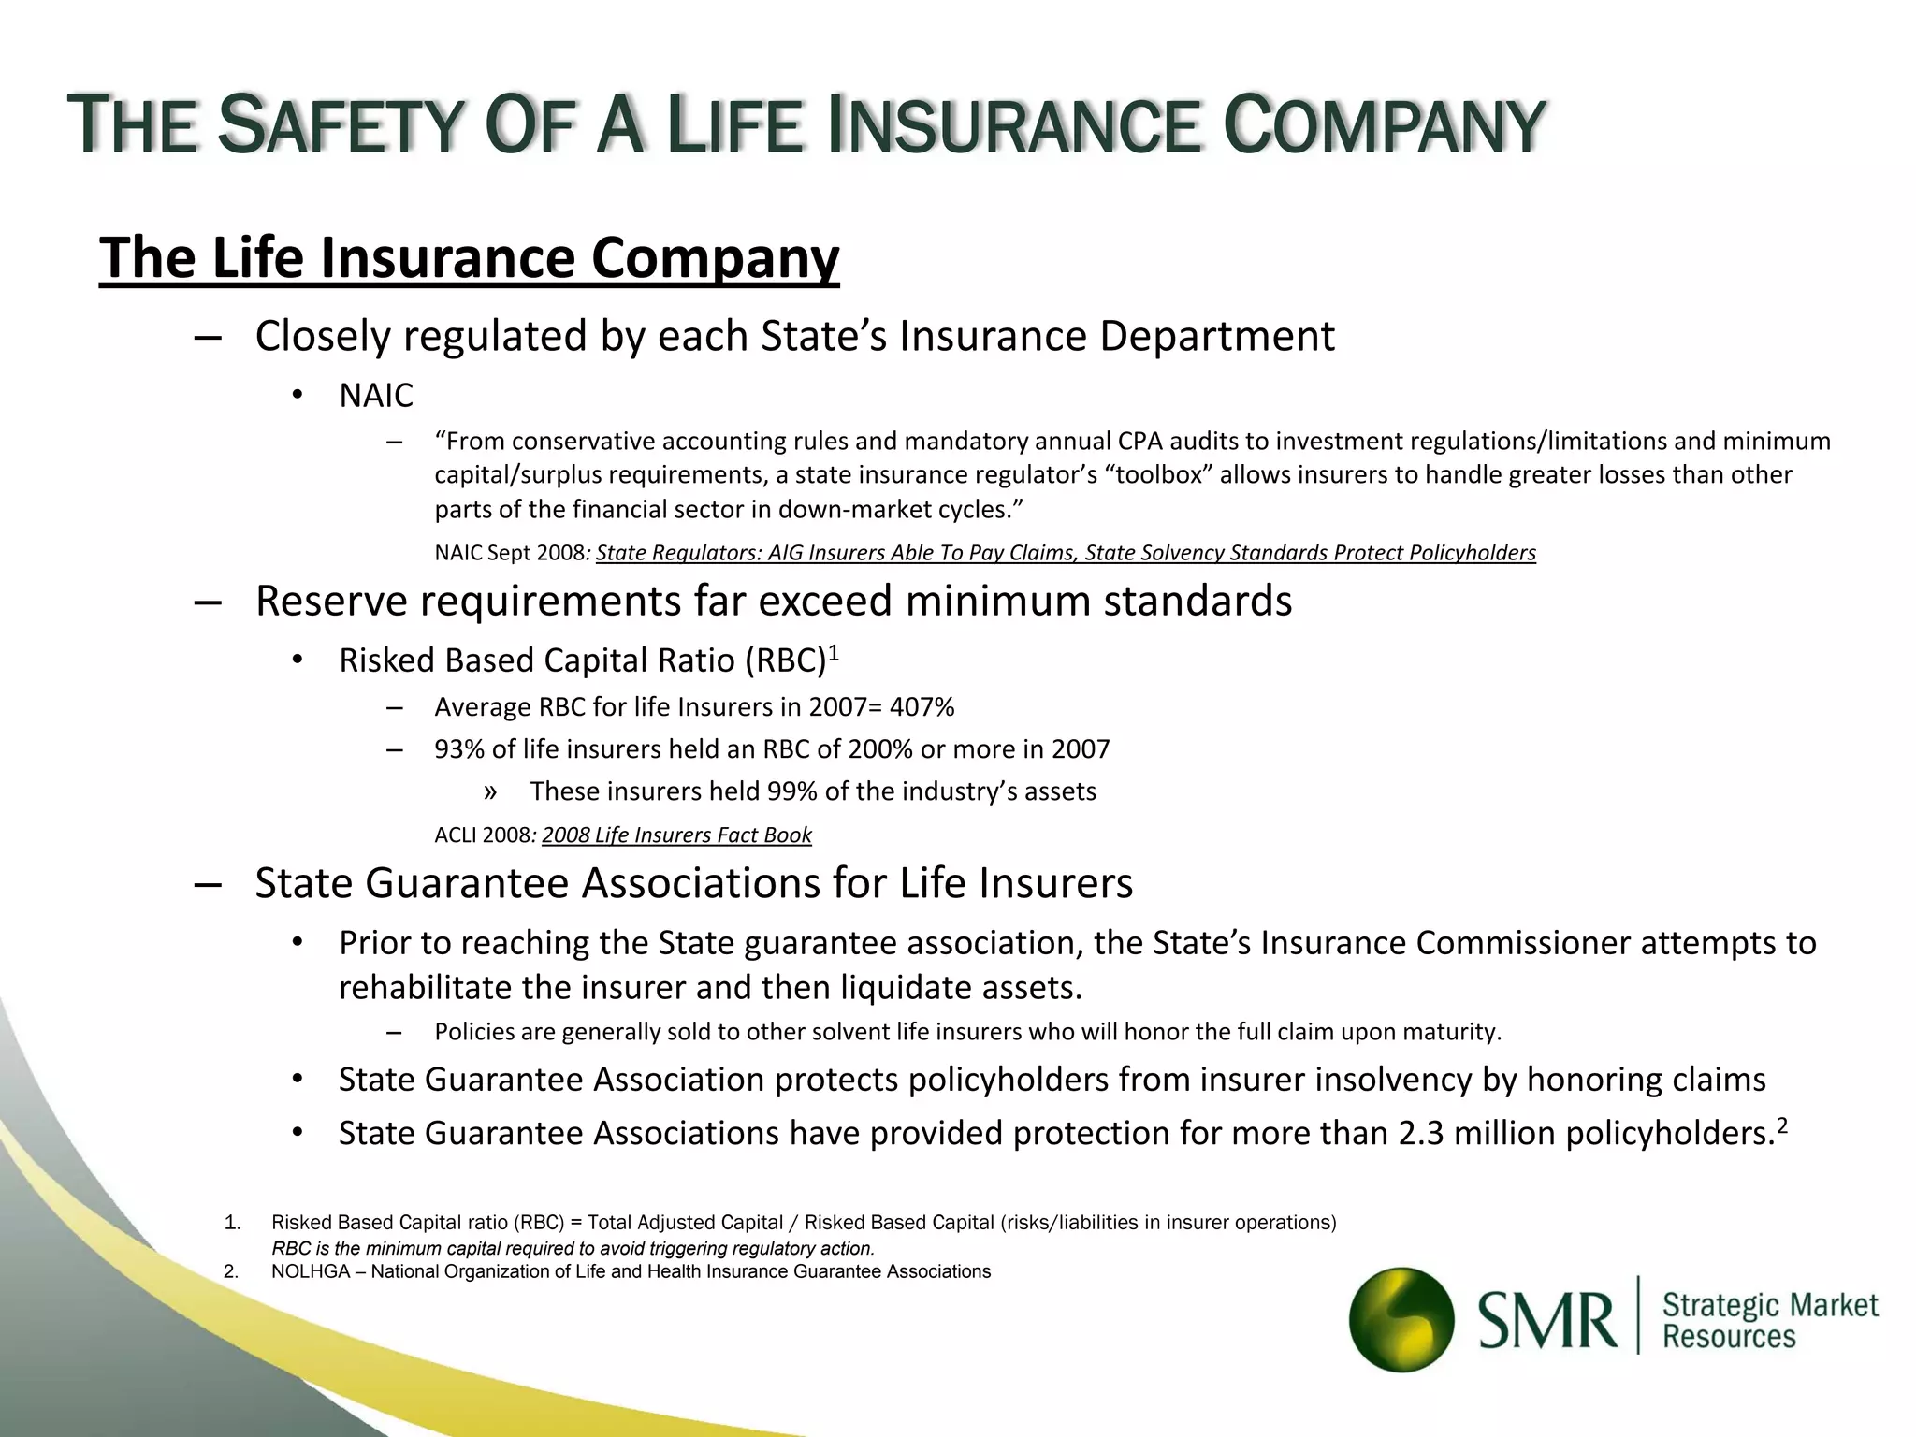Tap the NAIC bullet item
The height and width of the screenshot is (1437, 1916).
point(375,396)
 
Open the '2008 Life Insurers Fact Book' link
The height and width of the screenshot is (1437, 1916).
point(676,835)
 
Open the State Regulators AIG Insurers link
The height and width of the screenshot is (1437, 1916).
point(1066,553)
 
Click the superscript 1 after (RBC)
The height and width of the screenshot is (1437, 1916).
point(834,652)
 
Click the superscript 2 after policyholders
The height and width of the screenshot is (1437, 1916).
point(1782,1125)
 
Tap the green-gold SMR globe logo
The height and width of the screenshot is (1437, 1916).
point(1401,1319)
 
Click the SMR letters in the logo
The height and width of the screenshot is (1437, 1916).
point(1547,1320)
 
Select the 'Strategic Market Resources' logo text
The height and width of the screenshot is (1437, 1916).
point(1769,1320)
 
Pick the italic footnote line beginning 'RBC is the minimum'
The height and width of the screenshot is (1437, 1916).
point(573,1248)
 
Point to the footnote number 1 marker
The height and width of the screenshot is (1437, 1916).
point(233,1223)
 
